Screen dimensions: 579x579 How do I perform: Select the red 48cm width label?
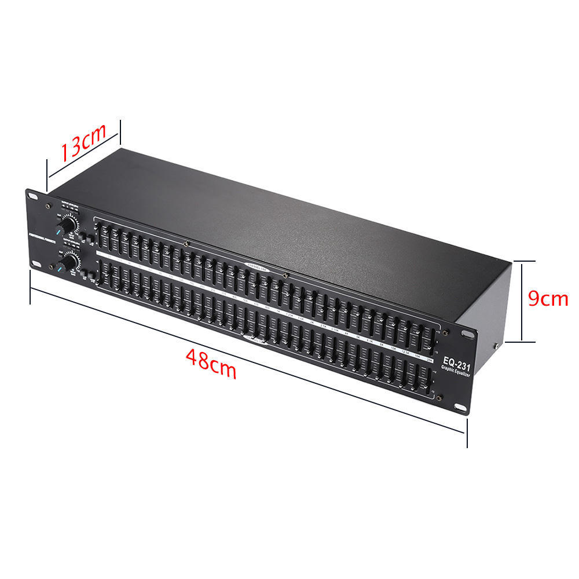click(211, 363)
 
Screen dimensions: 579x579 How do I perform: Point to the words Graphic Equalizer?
click(456, 374)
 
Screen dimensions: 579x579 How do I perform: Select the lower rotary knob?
click(71, 263)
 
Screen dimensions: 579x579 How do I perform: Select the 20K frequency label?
click(429, 361)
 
